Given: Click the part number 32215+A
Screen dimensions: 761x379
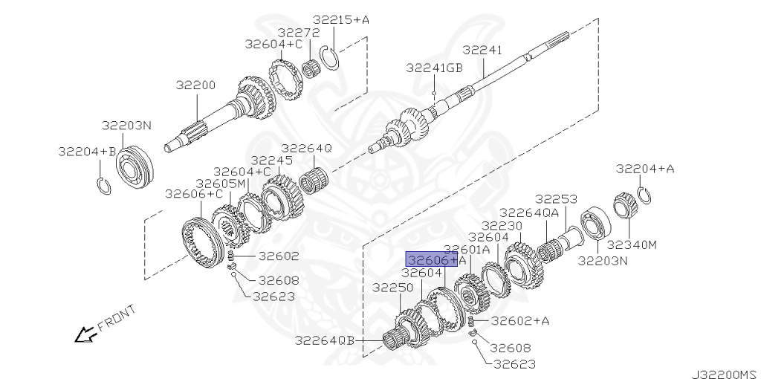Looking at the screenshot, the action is pos(340,20).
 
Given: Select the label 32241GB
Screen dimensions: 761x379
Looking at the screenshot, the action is pos(434,68).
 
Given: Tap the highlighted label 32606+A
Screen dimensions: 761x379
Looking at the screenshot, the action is pos(432,259).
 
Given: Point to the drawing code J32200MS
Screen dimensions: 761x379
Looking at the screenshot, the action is pos(726,374).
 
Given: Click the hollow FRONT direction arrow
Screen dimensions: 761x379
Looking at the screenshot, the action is pos(85,334).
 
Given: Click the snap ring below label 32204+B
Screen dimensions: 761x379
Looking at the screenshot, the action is pos(104,187).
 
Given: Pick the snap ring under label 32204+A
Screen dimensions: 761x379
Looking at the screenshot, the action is pos(645,196).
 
